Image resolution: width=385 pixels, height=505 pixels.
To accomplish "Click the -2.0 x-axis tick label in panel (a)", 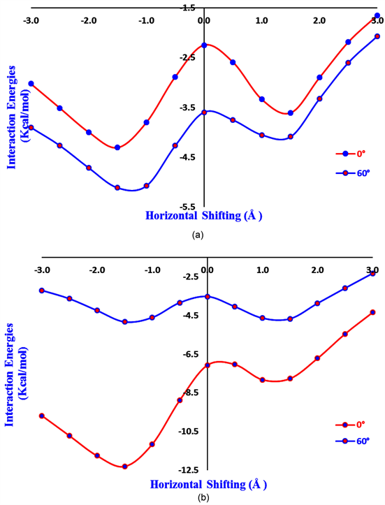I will coord(88,21).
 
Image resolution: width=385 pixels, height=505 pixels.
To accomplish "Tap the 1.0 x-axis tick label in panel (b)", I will coord(263,270).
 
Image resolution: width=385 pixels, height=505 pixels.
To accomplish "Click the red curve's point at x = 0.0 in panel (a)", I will coord(204,45).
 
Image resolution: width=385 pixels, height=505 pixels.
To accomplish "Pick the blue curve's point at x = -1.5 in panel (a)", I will coord(117,188).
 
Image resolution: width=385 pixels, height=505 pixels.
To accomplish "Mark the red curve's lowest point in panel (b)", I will coord(124,466).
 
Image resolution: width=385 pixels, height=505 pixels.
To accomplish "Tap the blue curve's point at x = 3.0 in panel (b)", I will coord(372,273).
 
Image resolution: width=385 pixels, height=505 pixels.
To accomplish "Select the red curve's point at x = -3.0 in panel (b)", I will coord(42,416).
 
